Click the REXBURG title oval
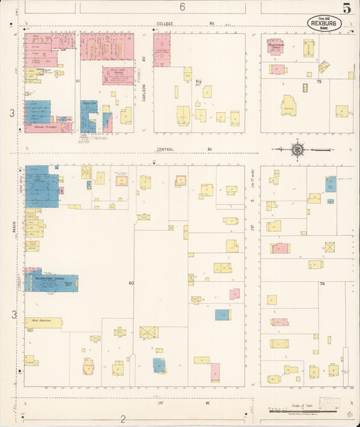click(x=324, y=23)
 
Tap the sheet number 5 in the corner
click(x=346, y=9)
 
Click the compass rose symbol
click(x=297, y=149)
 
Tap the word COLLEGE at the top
click(x=165, y=24)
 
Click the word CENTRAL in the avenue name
click(x=165, y=149)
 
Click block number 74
click(x=322, y=284)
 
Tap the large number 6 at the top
click(x=182, y=7)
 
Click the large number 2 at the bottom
click(x=124, y=418)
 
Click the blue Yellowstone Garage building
click(x=51, y=283)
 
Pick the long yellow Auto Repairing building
click(x=43, y=323)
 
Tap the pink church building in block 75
click(x=275, y=47)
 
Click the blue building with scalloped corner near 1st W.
click(x=159, y=366)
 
